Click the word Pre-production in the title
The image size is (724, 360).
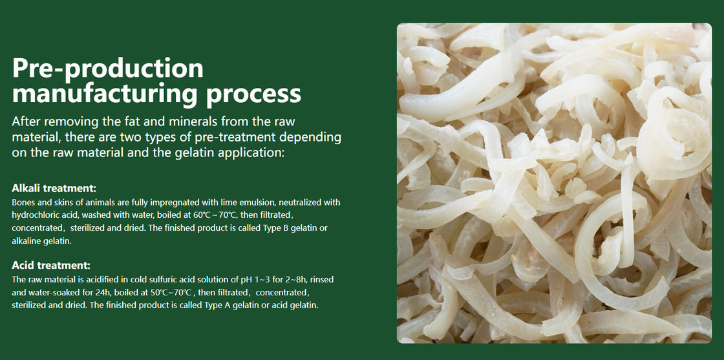tap(107, 69)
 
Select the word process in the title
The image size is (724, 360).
tap(253, 94)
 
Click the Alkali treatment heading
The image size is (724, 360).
tap(54, 188)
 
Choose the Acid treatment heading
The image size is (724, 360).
tap(51, 266)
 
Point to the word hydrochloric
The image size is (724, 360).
tap(33, 215)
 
